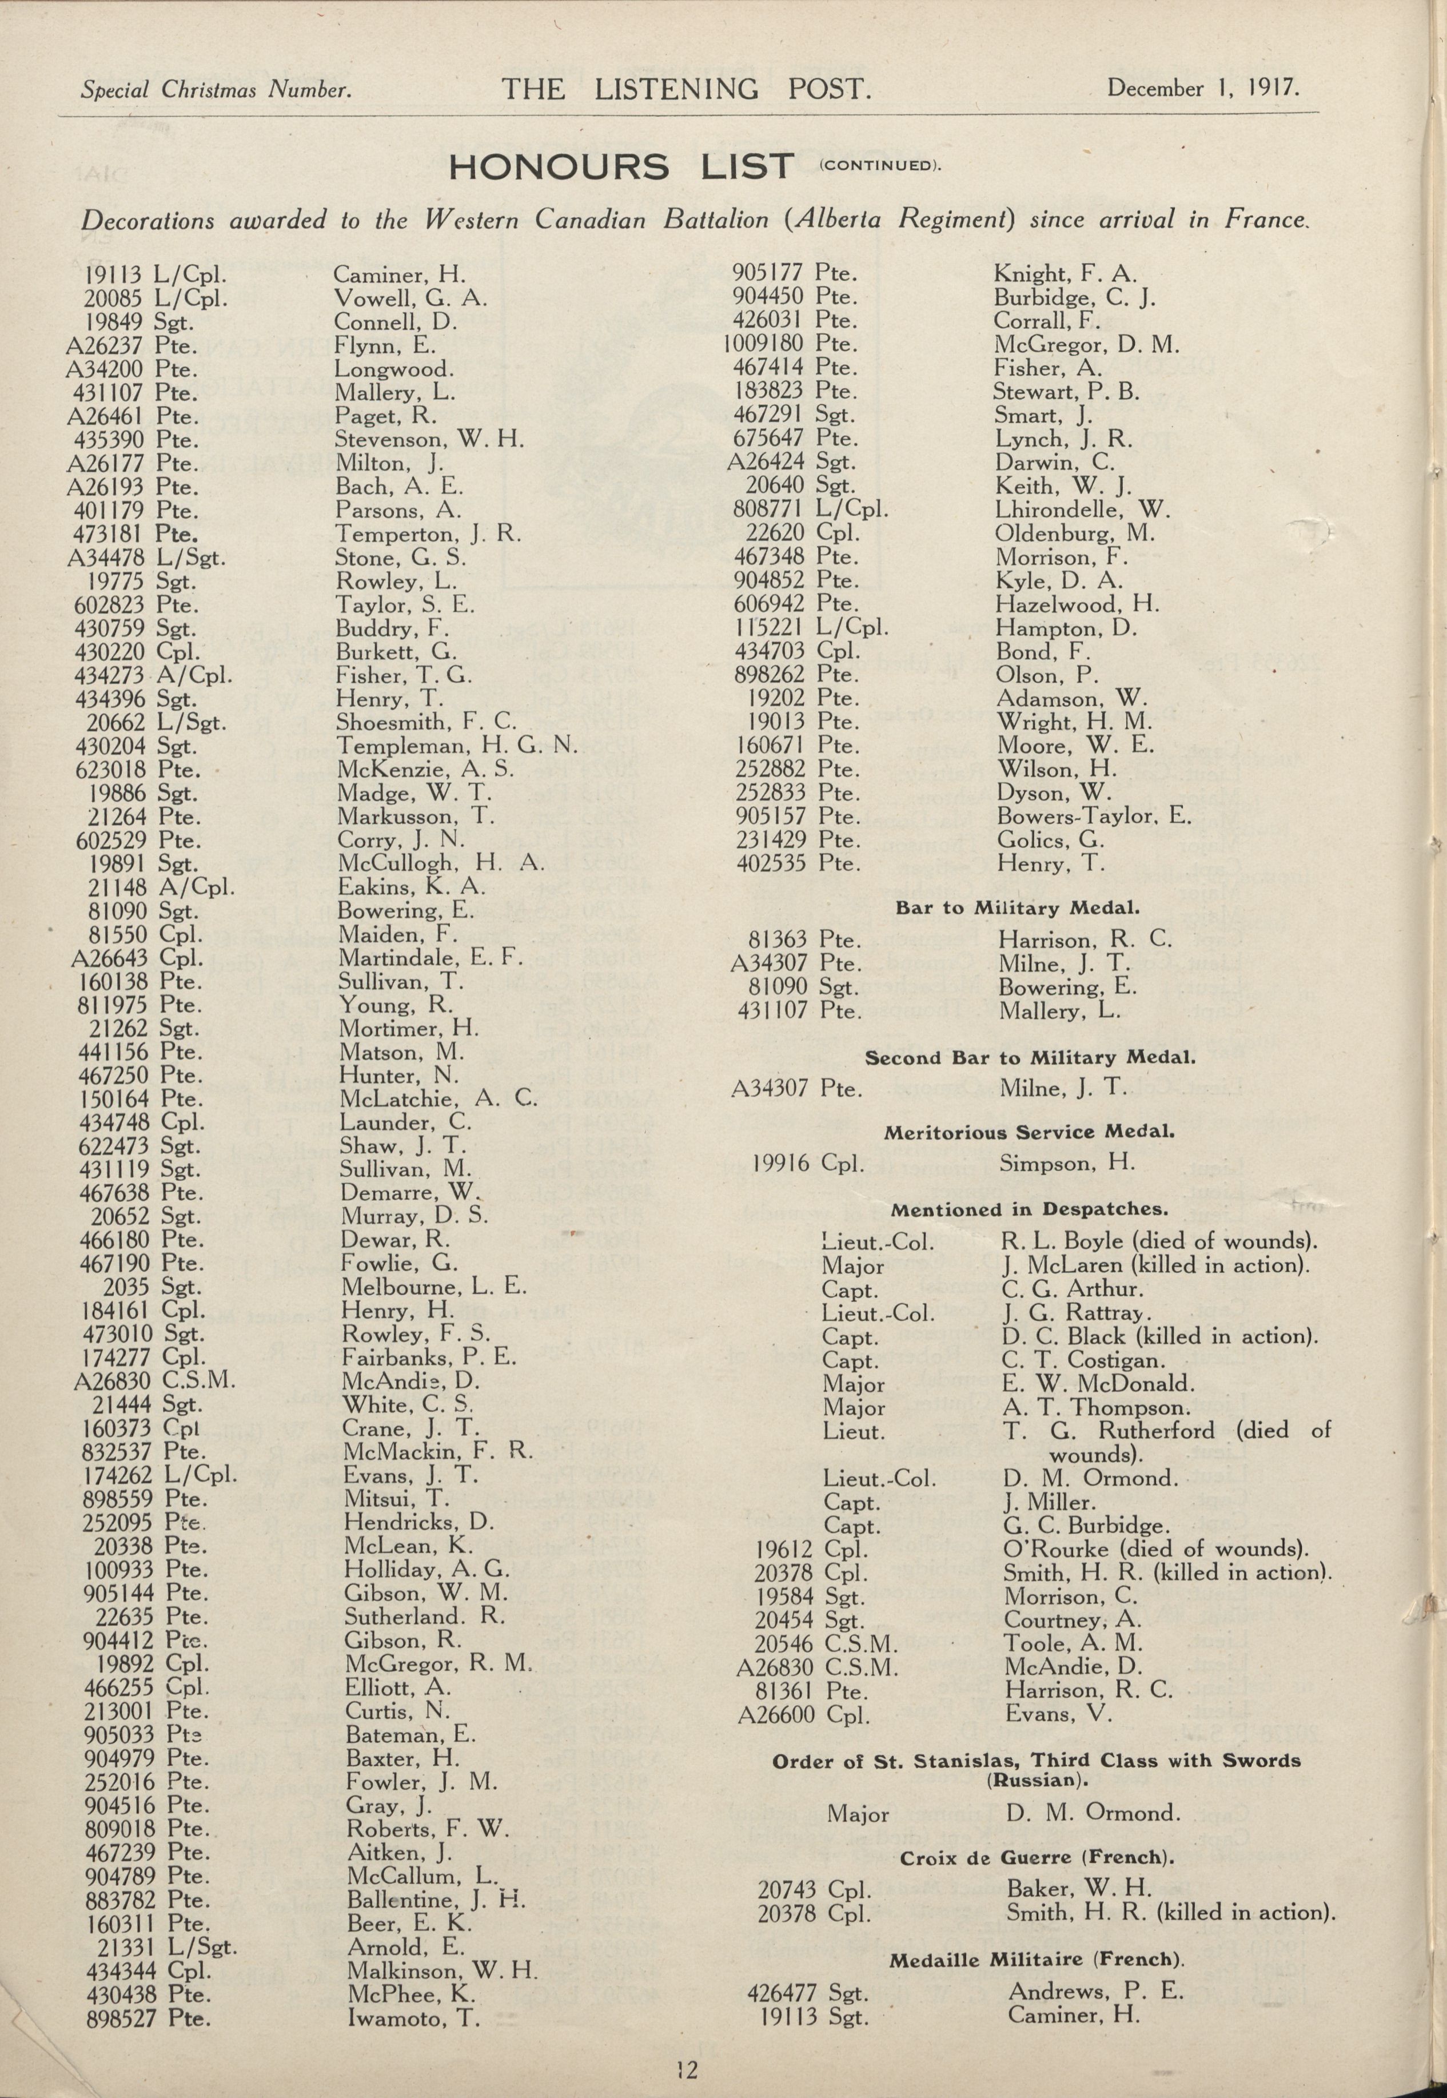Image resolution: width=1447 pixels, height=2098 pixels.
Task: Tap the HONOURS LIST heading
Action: [622, 167]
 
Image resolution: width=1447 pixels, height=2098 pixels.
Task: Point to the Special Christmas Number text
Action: [216, 90]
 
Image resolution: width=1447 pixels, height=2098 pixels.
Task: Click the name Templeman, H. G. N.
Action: [456, 746]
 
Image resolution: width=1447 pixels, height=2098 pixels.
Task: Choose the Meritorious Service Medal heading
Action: [1029, 1132]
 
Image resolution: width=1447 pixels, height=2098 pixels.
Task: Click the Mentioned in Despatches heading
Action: [1029, 1209]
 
